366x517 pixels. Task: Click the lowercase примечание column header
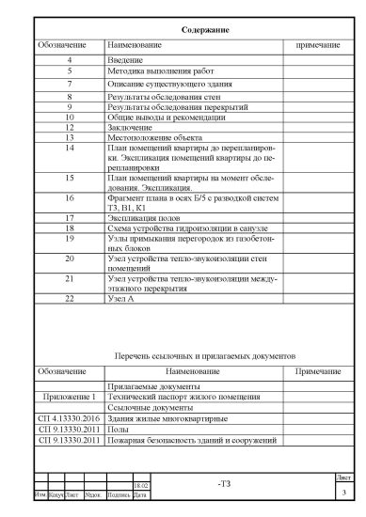[317, 45]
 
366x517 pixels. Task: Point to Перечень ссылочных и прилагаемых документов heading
[204, 357]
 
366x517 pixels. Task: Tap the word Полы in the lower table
[119, 429]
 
